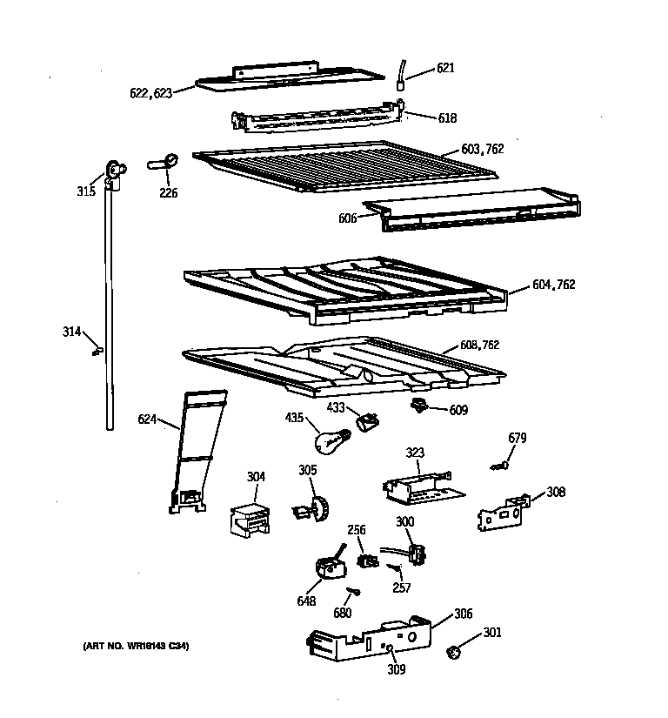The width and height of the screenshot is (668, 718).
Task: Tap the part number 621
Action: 445,68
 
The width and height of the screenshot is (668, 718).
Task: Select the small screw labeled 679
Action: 502,466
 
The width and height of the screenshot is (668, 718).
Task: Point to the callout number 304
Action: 256,477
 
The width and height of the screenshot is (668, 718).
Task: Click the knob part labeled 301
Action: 453,651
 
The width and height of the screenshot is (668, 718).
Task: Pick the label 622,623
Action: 150,93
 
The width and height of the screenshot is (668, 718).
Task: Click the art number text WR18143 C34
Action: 137,646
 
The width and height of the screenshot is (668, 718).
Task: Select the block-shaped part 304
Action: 248,520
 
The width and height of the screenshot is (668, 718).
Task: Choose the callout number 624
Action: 147,420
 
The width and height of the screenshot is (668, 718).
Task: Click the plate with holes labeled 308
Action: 504,513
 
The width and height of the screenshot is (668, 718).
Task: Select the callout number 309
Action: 397,669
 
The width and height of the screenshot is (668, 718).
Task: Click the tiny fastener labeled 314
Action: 97,350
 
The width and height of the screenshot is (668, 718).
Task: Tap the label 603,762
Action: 483,150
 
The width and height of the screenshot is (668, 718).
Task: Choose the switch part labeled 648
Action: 330,567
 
